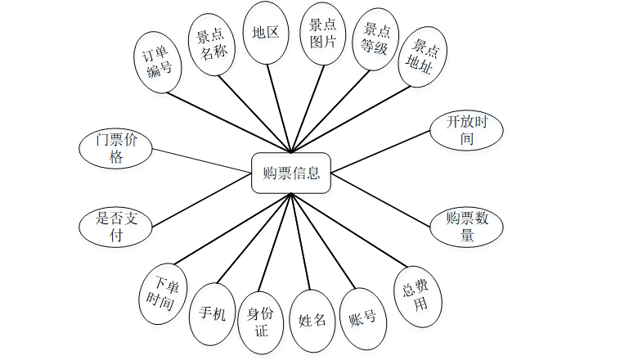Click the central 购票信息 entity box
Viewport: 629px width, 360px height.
291,173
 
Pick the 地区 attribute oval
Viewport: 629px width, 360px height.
266,34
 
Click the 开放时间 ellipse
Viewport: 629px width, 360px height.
466,130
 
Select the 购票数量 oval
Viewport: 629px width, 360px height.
466,227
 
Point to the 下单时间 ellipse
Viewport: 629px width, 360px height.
164,293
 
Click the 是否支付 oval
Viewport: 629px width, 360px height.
116,227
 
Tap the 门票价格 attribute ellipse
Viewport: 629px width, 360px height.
116,148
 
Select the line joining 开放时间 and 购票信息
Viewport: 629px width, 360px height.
380,152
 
